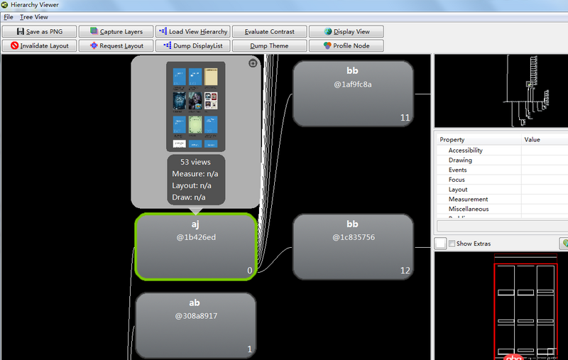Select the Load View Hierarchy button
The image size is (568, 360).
[x=192, y=31]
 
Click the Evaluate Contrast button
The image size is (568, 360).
[x=270, y=31]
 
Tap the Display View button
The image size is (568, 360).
[x=346, y=31]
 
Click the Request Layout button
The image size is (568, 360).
[x=116, y=45]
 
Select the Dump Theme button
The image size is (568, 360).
[x=270, y=45]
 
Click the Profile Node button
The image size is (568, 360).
[x=346, y=45]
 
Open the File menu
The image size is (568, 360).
[x=9, y=16]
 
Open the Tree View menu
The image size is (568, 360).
[x=34, y=16]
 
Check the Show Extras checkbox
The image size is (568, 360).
[x=452, y=244]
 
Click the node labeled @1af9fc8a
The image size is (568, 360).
[x=353, y=92]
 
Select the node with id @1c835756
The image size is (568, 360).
[x=353, y=246]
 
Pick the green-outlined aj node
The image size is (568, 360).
[x=195, y=246]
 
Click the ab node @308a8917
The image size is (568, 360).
[x=195, y=324]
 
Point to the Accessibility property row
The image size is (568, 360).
[x=465, y=151]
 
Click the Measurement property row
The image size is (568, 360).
[x=468, y=200]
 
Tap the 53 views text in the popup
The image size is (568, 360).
[x=195, y=162]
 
